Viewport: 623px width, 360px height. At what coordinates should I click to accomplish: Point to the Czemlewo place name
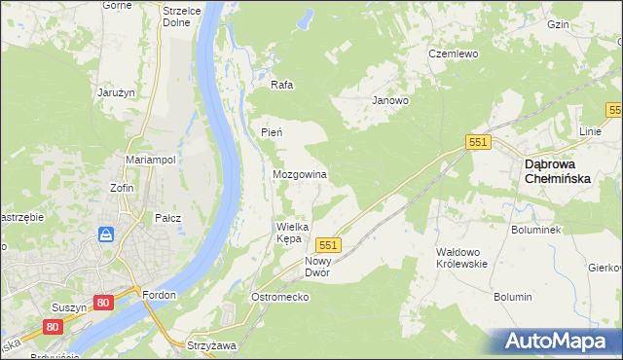(454, 54)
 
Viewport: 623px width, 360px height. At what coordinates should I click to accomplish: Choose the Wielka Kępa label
(293, 233)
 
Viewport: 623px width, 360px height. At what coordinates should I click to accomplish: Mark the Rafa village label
(282, 85)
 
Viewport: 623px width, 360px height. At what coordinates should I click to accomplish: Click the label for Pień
(272, 131)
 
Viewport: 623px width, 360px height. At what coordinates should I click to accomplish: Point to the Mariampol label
(150, 160)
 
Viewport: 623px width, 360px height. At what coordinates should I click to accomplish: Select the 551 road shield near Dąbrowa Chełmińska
(477, 142)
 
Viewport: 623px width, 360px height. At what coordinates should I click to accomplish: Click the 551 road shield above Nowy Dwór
(328, 245)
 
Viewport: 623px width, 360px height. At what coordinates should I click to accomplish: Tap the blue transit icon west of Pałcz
(106, 234)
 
